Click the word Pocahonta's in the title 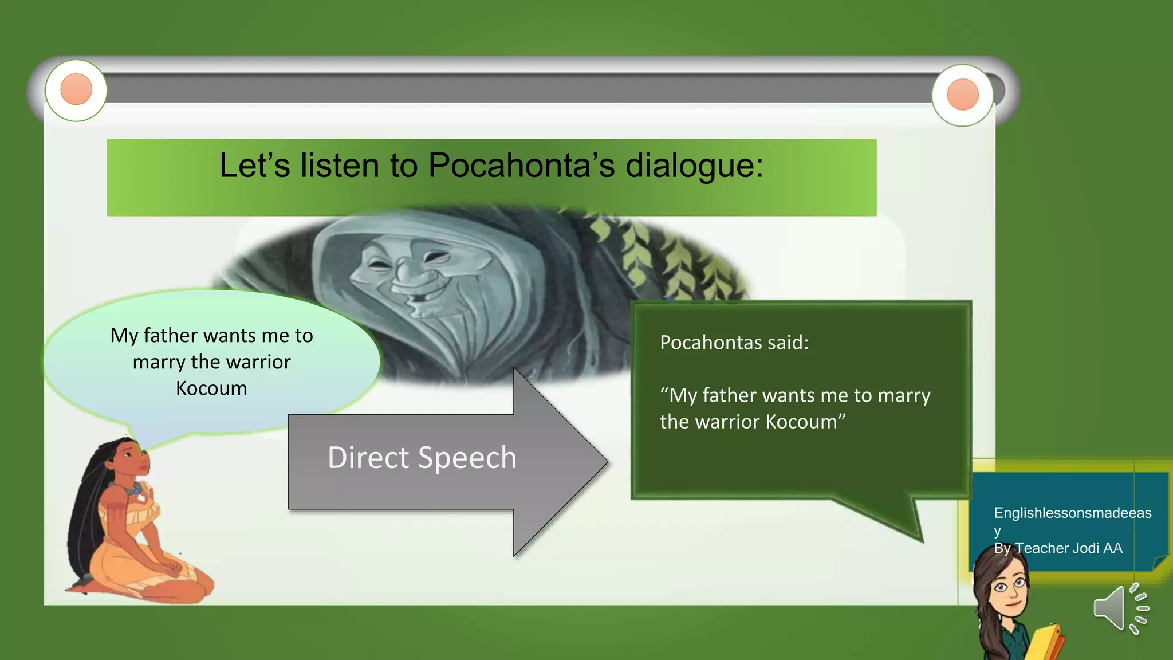(521, 166)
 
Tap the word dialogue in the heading (694, 167)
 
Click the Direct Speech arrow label (422, 458)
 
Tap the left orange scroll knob (76, 90)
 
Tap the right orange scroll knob (963, 95)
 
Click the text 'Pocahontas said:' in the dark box (734, 343)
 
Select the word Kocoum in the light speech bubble (211, 388)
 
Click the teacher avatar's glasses (1010, 586)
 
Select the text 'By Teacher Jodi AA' (1058, 548)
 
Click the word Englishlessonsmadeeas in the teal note (1072, 513)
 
